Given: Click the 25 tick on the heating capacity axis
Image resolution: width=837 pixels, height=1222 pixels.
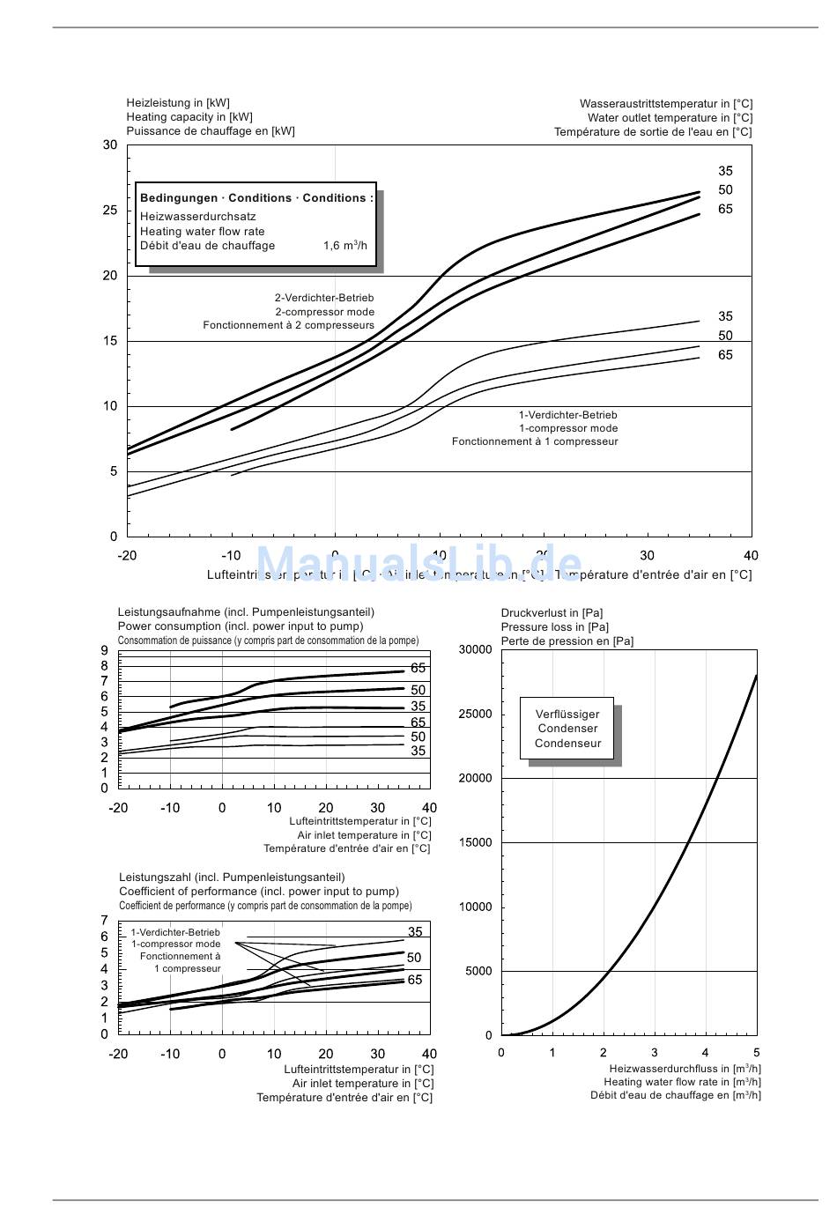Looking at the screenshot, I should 109,211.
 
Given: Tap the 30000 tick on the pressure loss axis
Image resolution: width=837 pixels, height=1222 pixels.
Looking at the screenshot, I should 476,650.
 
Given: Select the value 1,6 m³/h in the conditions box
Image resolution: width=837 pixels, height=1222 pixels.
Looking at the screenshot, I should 344,246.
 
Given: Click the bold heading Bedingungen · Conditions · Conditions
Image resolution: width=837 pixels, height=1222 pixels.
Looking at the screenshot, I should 256,198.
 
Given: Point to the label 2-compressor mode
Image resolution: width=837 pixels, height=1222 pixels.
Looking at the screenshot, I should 324,312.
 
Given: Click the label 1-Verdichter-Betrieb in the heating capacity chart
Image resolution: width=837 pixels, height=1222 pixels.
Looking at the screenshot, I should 567,415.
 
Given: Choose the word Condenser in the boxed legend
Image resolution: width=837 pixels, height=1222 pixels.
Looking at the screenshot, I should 567,729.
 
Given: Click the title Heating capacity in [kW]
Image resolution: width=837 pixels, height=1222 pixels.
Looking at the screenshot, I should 189,117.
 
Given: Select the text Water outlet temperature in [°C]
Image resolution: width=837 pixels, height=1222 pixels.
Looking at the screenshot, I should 670,118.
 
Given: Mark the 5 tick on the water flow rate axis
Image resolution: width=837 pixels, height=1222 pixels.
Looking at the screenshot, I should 756,1053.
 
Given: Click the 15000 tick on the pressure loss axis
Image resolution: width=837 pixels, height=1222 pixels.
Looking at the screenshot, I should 476,843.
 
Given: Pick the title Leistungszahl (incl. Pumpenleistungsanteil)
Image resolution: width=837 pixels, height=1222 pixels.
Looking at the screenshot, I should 232,878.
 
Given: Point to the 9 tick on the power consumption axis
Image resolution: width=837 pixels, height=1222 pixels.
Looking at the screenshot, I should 105,651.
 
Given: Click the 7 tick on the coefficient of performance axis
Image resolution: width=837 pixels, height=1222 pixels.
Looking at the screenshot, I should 105,921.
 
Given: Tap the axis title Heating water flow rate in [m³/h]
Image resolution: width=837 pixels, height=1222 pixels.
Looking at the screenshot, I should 682,1083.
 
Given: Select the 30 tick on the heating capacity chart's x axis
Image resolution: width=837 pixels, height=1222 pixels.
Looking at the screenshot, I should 648,556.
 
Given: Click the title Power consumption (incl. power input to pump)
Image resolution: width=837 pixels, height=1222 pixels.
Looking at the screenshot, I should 241,626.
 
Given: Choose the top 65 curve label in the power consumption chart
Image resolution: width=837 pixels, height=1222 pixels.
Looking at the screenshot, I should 418,669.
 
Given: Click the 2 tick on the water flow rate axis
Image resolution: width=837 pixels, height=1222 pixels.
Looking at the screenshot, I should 604,1053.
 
